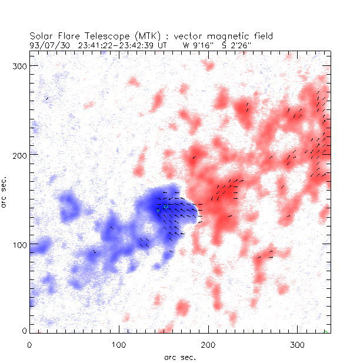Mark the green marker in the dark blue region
pos(158,210)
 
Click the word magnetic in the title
pos(223,36)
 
